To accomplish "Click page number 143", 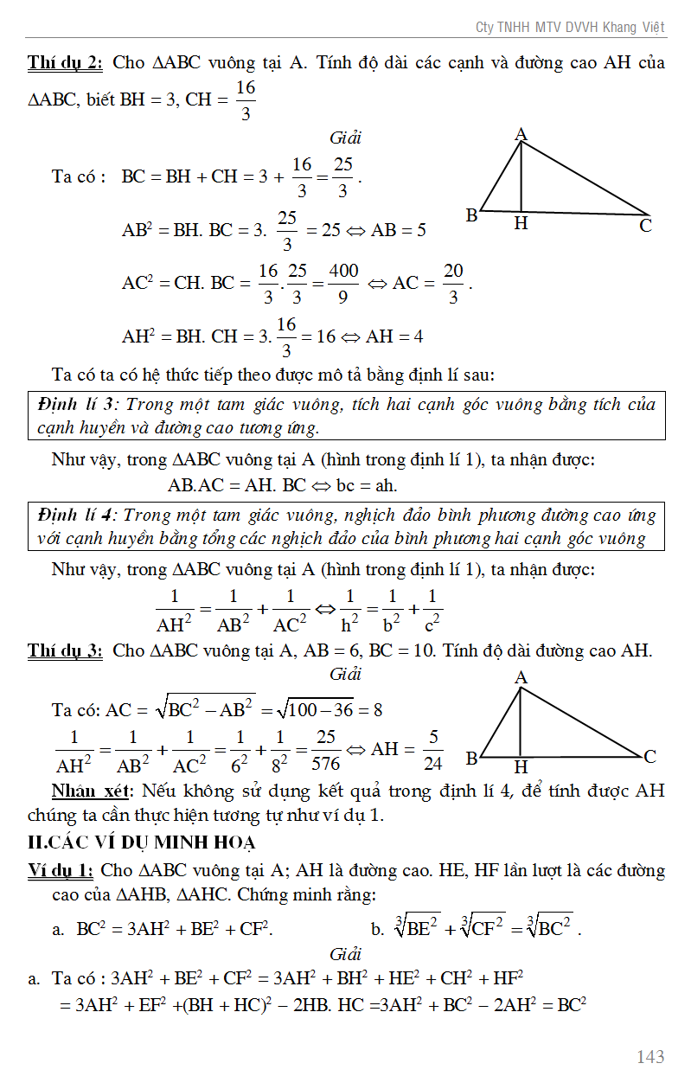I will [650, 1056].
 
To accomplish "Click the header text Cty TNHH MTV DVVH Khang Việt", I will [570, 28].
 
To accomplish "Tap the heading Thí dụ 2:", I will [65, 63].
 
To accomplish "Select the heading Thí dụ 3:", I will [65, 650].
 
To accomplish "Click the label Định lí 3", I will [76, 405].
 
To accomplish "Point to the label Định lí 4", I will [76, 516].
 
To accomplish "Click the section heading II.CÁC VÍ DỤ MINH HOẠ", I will [142, 842].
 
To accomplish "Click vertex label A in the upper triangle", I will [521, 134].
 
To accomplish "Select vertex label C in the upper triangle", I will [645, 227].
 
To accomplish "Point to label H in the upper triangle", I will [521, 224].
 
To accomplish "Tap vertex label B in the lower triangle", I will [472, 759].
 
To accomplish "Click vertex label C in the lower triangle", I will [650, 757].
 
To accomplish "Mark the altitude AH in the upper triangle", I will [521, 177].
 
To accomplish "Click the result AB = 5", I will [399, 231].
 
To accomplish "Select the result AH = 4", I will [394, 336].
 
